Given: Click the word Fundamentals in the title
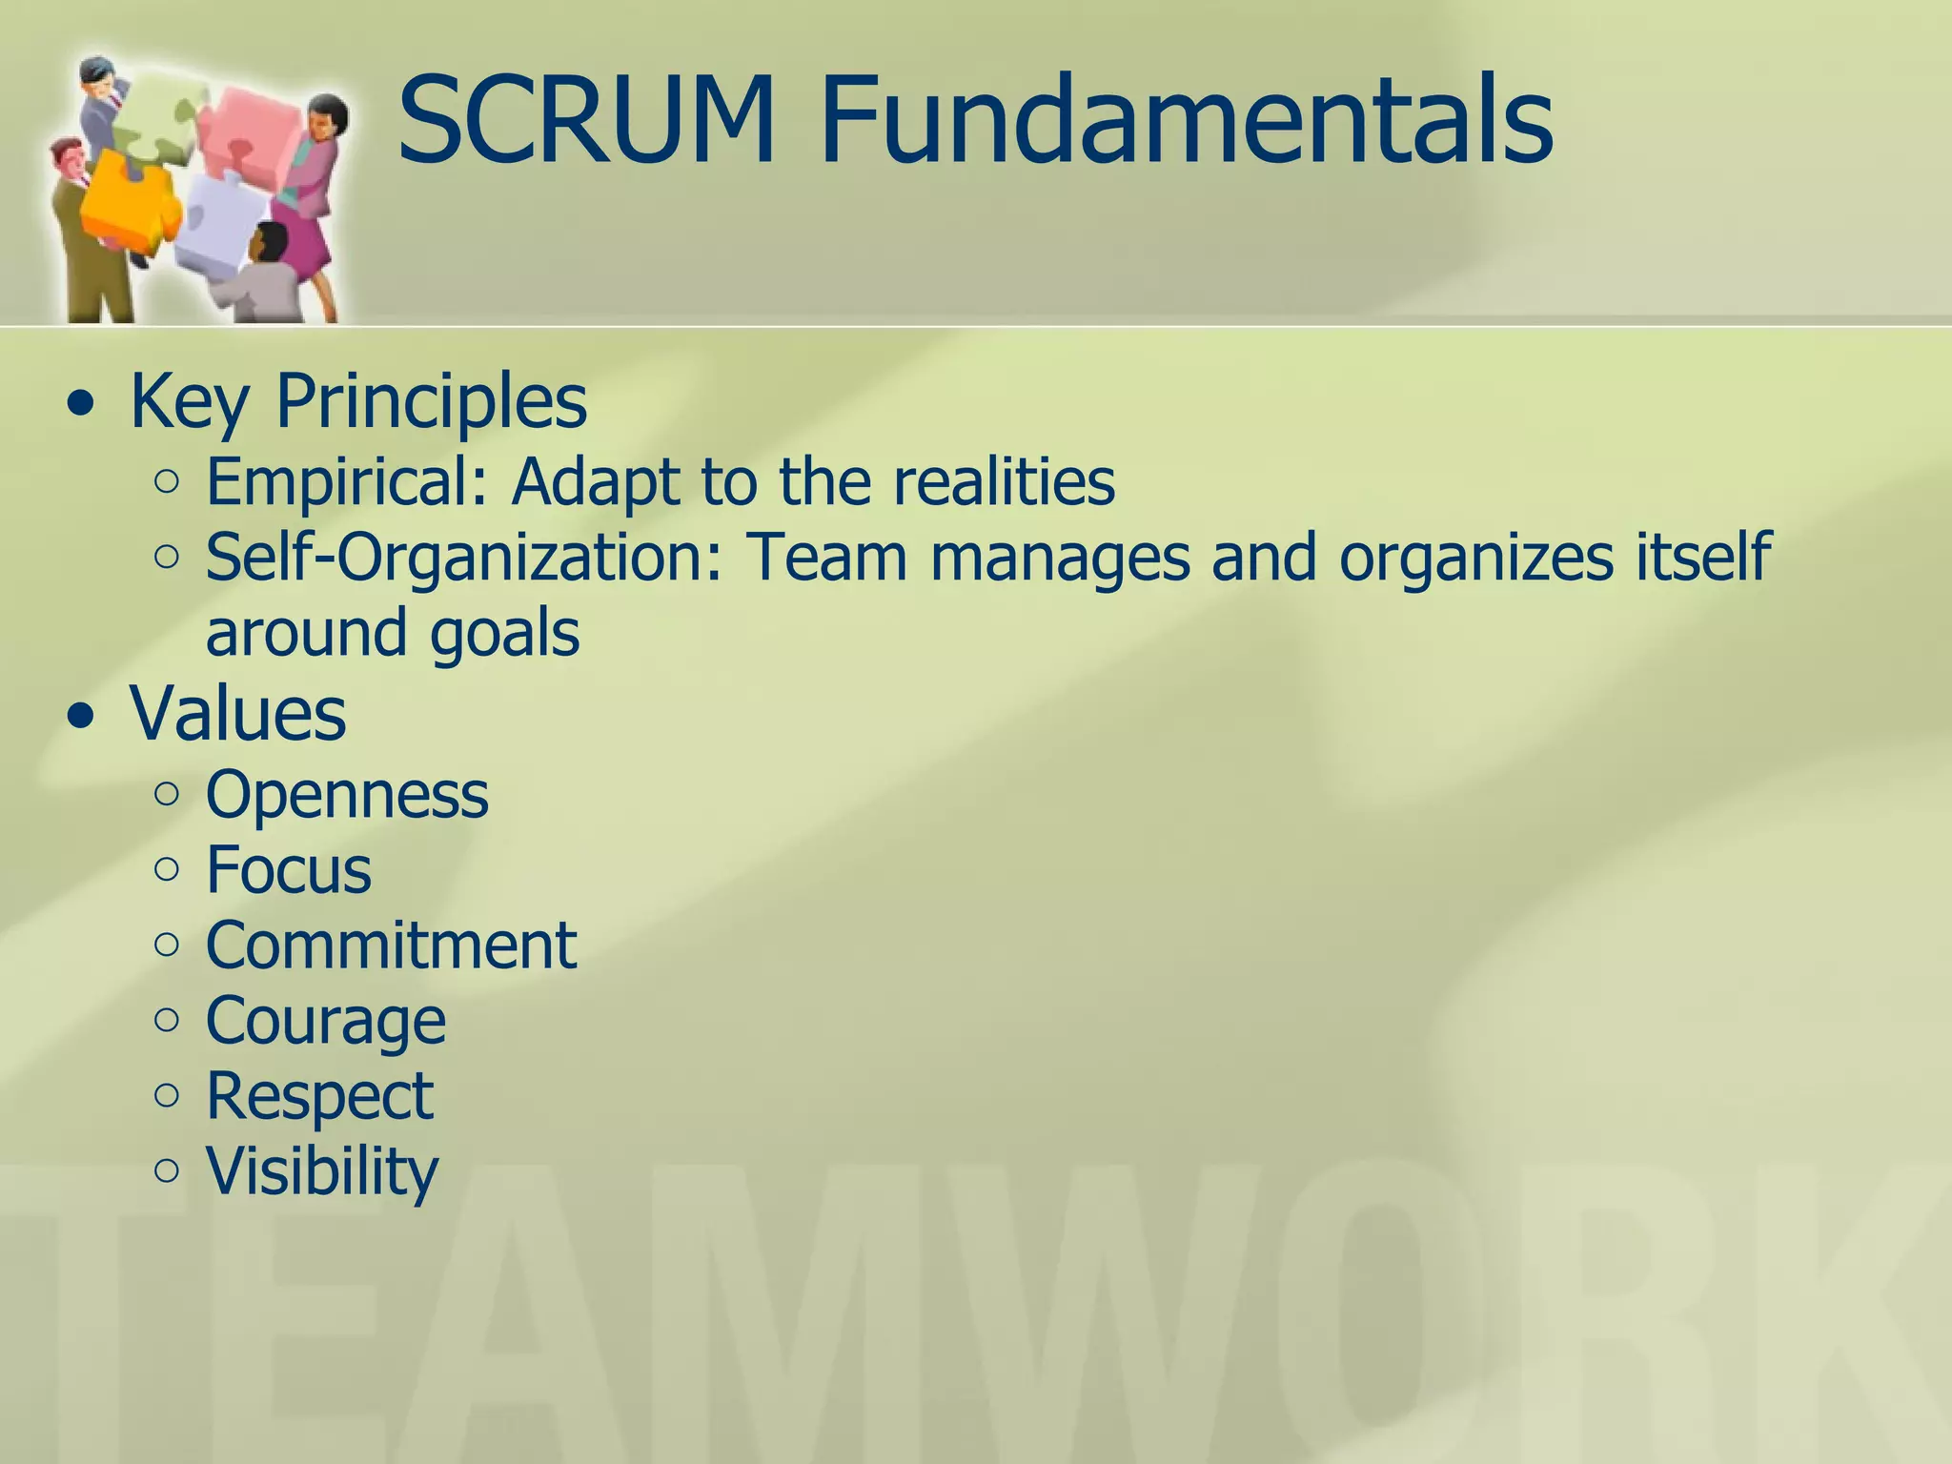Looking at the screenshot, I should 1187,121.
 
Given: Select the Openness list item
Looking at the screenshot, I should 347,794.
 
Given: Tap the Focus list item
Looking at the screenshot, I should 289,869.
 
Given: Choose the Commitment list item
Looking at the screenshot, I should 391,945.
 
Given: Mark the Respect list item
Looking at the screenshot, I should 319,1096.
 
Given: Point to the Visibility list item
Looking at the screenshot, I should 322,1171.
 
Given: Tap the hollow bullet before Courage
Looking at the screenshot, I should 166,1021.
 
